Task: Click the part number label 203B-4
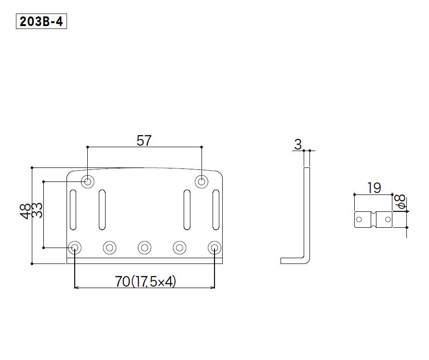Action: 41,22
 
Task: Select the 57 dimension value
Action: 144,140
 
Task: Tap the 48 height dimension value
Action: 26,210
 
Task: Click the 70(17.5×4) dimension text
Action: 146,281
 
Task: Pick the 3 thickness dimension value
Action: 297,144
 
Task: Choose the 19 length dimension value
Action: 374,188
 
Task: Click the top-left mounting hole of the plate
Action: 88,182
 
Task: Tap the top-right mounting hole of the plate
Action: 201,182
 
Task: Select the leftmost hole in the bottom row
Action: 75,248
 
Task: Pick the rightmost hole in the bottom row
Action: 214,248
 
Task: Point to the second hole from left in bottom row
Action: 109,248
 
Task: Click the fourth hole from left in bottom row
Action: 180,248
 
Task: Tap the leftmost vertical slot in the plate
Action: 73,209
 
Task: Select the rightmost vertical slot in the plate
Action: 216,209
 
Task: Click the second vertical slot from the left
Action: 102,209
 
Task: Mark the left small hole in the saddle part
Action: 359,220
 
